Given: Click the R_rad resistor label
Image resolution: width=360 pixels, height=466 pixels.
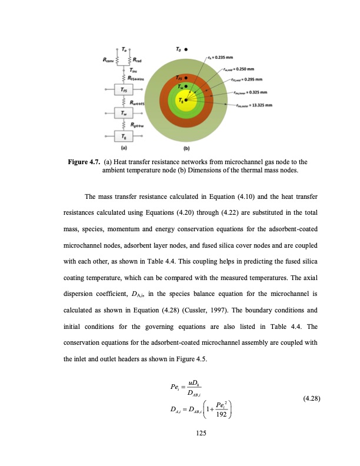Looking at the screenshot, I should click(141, 59).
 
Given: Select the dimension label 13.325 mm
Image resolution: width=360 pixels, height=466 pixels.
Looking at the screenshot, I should click(254, 106).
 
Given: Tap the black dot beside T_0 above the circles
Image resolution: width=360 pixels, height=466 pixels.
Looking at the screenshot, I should click(186, 51).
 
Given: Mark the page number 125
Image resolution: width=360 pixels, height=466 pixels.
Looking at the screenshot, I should click(180, 433).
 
